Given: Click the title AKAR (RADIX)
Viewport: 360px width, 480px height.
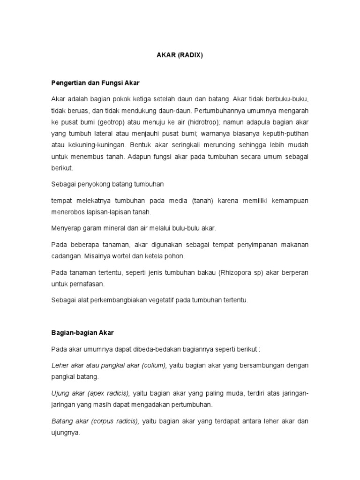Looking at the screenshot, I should click(180, 55).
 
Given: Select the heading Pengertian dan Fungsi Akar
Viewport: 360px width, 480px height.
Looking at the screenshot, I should click(95, 83).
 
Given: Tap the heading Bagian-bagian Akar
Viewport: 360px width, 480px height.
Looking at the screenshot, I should click(82, 332).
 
